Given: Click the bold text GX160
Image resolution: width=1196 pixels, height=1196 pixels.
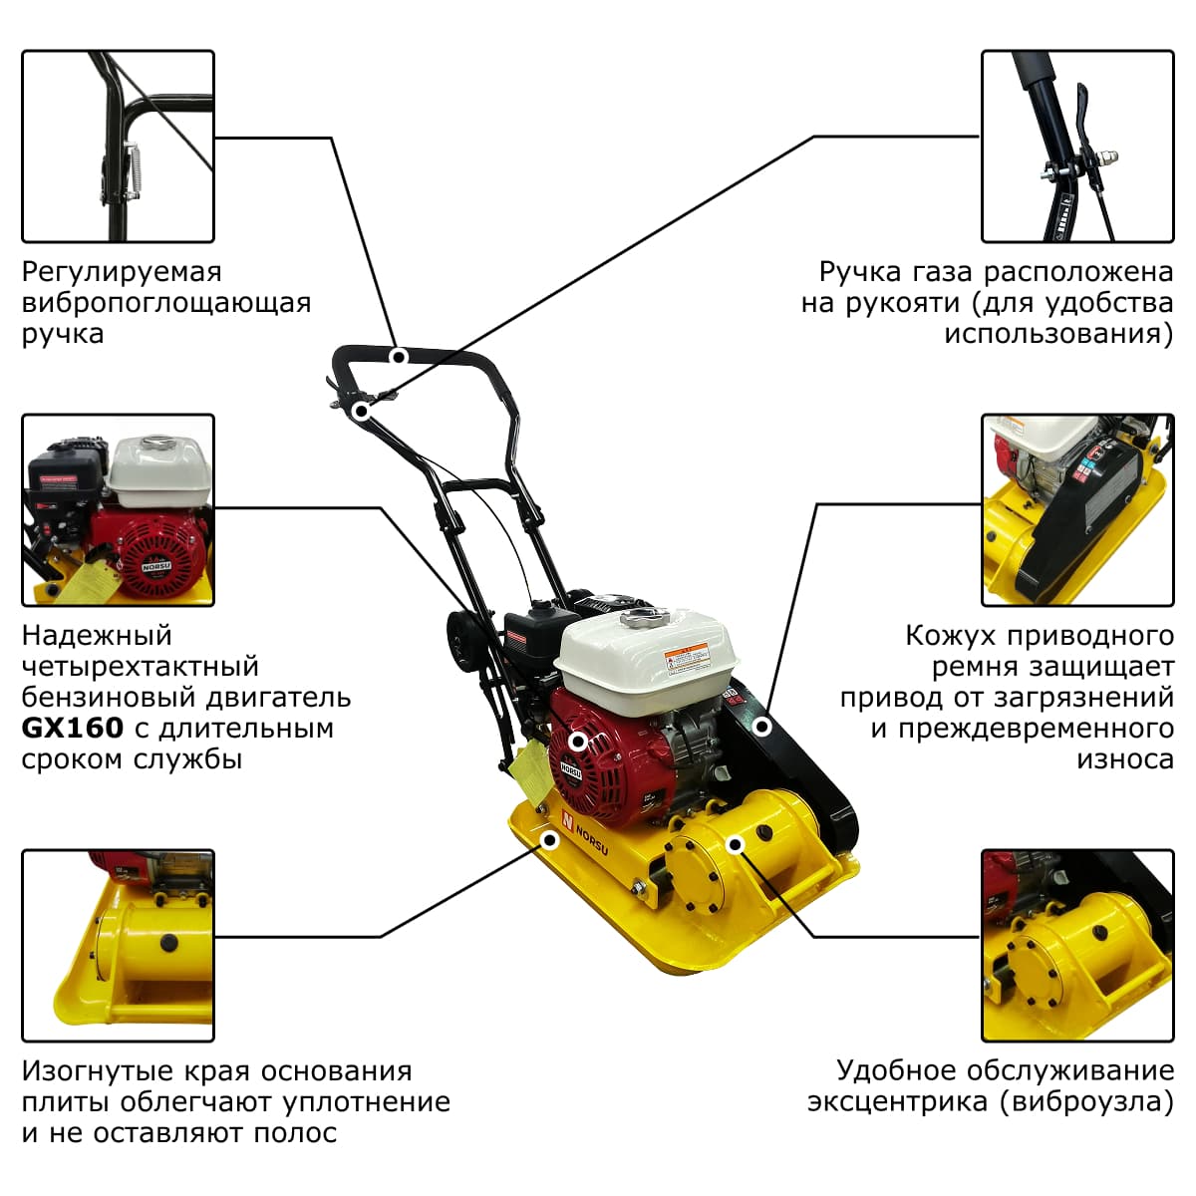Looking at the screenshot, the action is (73, 729).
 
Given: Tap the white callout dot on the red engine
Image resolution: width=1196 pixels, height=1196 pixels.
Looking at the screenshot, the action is (578, 742).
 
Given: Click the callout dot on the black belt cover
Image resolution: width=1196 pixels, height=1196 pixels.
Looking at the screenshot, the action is (762, 727).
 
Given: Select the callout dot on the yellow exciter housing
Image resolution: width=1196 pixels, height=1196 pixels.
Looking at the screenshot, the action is (736, 845).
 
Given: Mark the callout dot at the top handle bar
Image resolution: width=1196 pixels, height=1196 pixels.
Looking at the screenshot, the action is (400, 356).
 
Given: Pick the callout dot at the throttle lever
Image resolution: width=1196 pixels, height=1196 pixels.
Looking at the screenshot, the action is (361, 411).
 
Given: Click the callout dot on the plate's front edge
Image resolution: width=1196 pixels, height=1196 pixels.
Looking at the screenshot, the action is (549, 840).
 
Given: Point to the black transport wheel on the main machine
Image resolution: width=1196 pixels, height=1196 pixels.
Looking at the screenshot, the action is (462, 643).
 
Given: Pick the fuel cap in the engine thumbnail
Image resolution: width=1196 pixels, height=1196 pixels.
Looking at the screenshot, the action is (158, 443).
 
